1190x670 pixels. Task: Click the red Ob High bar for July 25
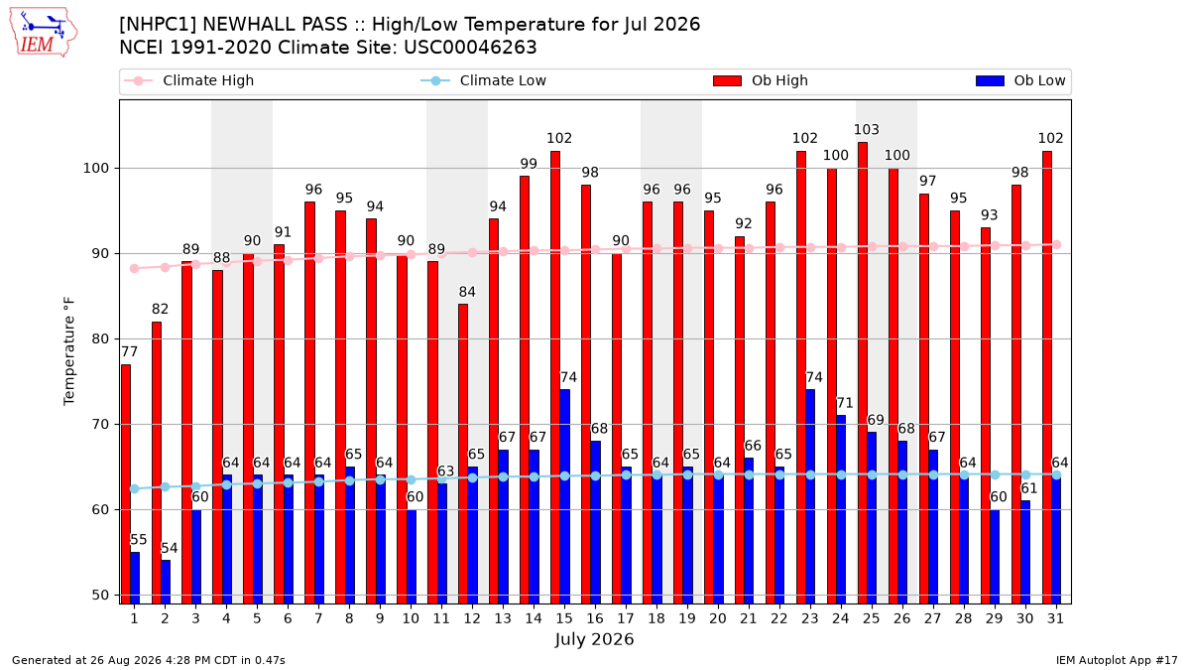pos(862,373)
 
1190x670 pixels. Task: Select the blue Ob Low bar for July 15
pos(564,496)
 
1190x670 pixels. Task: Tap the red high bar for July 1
pos(125,484)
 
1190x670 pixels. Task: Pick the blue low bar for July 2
pos(166,582)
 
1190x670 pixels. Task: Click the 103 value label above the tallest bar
pos(867,130)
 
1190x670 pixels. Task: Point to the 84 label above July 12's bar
pos(467,292)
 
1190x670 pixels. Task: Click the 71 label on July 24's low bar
pos(845,403)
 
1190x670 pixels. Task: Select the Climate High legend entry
pos(189,80)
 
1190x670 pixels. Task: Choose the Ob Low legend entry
pos(1020,80)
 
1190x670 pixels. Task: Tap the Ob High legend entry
pos(761,80)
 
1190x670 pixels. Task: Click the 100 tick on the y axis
pos(95,169)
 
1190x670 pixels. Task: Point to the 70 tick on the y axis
pos(100,425)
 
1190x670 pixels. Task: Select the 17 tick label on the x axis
pos(626,619)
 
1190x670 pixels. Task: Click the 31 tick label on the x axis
pos(1055,619)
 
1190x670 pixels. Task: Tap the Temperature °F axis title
pos(69,351)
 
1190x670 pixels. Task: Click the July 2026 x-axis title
pos(594,639)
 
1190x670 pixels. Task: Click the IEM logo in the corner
pos(44,33)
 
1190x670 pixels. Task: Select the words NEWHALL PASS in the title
pos(276,25)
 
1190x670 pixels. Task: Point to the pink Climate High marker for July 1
pos(135,269)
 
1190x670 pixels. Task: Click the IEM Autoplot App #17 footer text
pos(1117,660)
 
